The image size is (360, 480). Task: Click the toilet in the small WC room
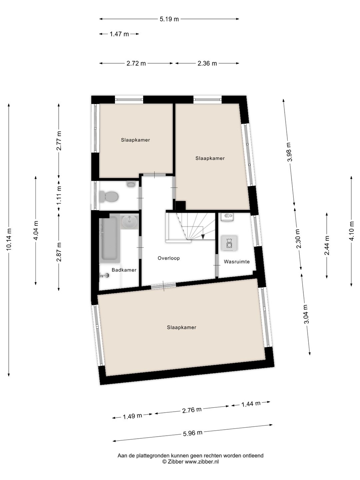109,197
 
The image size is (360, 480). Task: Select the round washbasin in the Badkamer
129,221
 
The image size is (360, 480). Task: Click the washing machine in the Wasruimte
229,243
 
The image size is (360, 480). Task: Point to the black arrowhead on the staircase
203,237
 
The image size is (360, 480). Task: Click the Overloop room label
169,258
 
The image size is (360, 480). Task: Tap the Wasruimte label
237,262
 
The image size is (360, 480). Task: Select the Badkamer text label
124,270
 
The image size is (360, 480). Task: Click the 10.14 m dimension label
9,239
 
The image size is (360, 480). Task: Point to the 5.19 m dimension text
169,19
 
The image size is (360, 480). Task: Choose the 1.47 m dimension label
119,34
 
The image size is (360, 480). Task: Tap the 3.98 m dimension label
289,152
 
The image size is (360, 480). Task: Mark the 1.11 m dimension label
59,195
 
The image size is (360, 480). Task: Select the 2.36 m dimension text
207,63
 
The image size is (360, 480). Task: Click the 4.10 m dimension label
351,231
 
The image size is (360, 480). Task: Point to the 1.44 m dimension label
251,404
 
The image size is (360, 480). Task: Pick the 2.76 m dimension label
192,410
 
